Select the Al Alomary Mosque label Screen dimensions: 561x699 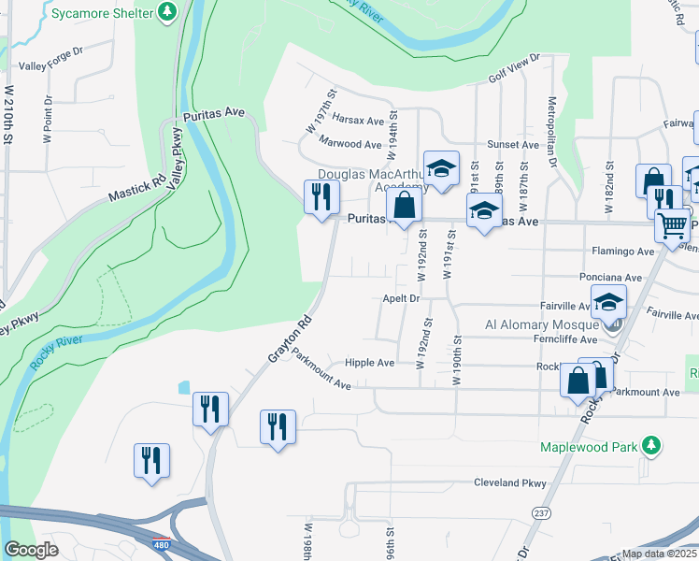(x=540, y=324)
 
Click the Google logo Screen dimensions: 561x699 (x=31, y=550)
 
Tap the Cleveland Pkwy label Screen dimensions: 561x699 (x=509, y=483)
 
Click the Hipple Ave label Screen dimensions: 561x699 (x=370, y=363)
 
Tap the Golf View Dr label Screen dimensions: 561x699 (x=513, y=71)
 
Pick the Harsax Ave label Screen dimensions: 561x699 (x=359, y=122)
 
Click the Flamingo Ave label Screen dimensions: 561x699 (x=623, y=252)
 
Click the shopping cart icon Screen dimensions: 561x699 (x=672, y=224)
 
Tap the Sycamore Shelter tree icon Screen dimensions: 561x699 (x=167, y=12)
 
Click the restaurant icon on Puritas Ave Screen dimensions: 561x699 (x=321, y=196)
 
